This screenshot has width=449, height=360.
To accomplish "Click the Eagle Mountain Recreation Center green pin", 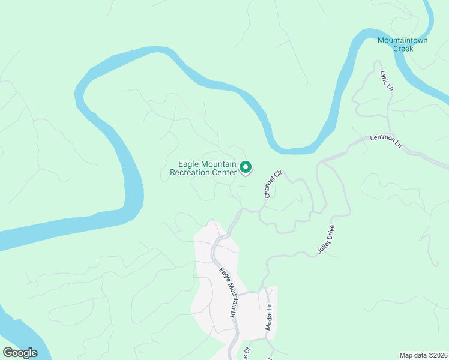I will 246,168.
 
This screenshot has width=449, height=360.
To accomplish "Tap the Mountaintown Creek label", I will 403,44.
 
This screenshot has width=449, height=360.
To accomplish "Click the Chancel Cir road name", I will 273,184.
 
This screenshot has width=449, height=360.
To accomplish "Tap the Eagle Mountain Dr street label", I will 226,292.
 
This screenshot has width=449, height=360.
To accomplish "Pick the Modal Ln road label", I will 269,317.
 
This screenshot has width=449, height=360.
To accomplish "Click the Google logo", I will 20,353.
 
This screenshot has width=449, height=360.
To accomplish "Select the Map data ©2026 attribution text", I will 423,355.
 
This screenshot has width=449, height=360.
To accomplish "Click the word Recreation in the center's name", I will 191,173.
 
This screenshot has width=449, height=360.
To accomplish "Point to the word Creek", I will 403,49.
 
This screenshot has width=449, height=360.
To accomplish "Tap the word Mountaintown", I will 403,40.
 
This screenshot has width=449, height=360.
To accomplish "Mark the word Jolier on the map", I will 319,245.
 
